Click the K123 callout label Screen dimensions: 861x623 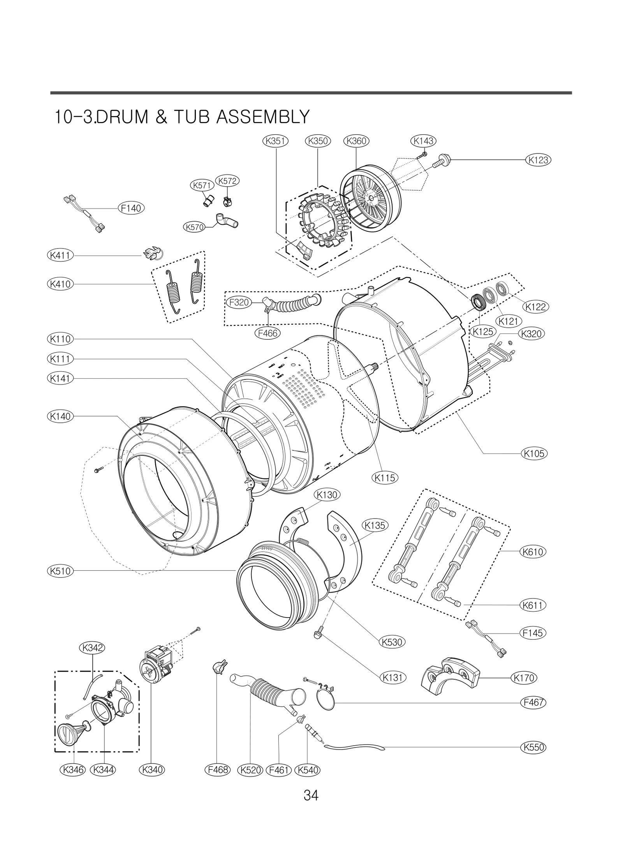(x=538, y=160)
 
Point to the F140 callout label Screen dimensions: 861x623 (x=131, y=208)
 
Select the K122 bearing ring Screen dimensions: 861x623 (x=502, y=290)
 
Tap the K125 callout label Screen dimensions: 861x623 (x=482, y=332)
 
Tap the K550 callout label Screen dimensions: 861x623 (x=533, y=747)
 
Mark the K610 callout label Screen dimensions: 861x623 (x=533, y=552)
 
